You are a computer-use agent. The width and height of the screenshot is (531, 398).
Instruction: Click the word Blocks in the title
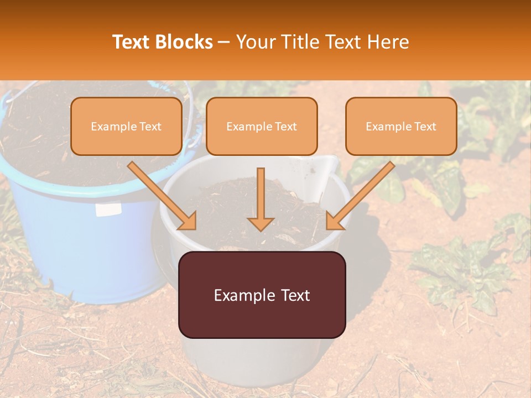(x=184, y=42)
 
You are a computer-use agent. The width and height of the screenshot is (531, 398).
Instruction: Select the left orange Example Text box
(x=126, y=127)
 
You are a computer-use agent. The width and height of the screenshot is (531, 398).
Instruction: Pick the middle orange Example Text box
(x=262, y=127)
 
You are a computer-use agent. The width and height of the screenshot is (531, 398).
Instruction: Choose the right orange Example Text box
(x=401, y=127)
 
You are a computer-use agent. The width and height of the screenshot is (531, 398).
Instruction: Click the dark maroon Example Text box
(x=262, y=295)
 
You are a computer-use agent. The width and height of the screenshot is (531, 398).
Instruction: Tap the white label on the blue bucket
(x=108, y=210)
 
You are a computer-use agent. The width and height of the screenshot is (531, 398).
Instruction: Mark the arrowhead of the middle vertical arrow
(x=261, y=223)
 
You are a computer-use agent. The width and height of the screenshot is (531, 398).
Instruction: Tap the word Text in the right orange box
(x=425, y=127)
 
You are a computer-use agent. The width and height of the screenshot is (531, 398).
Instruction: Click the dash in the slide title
(x=224, y=43)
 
